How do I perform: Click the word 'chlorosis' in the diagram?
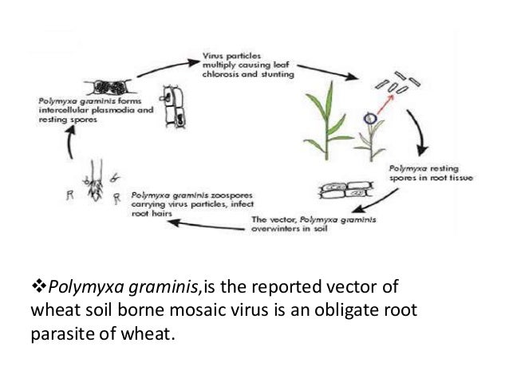(216, 74)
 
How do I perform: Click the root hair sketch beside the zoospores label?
(97, 180)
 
